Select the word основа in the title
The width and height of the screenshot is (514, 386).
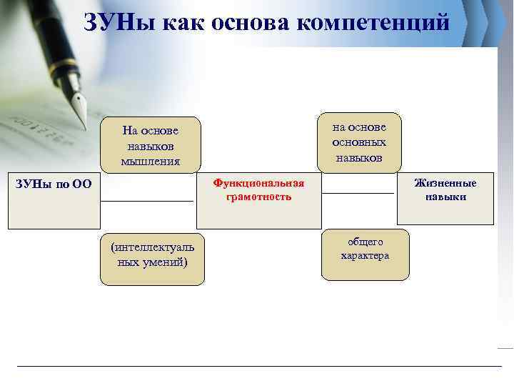point(246,21)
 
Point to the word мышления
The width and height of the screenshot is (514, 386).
point(150,162)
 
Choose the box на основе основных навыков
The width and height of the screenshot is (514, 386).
point(359,142)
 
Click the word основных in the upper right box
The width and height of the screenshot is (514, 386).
point(359,142)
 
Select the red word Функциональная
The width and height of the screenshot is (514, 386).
point(258,183)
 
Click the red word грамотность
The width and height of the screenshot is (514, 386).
point(258,197)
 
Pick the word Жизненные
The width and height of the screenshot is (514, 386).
point(445,183)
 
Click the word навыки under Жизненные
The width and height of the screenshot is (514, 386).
point(445,197)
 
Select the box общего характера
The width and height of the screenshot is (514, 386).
point(365,254)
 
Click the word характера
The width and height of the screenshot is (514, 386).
point(365,256)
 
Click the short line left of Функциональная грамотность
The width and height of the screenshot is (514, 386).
point(147,202)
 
